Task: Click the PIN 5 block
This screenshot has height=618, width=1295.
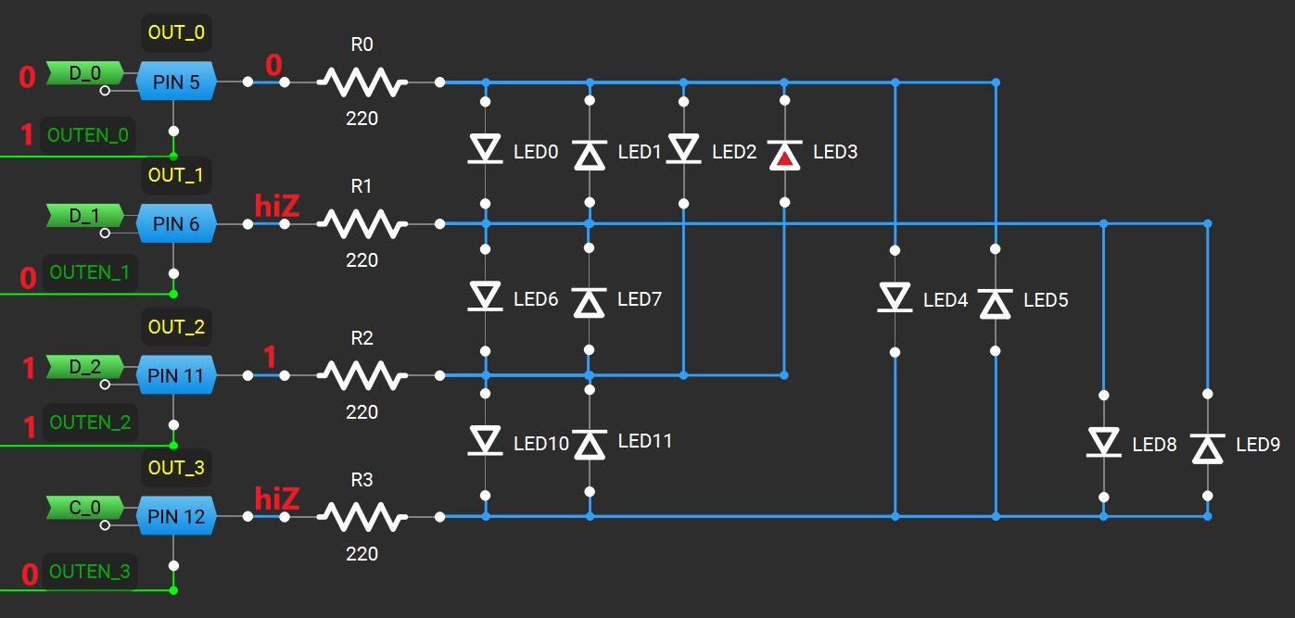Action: [176, 82]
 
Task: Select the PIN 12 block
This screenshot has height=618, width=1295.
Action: [176, 516]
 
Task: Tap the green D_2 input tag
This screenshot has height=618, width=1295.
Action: [85, 367]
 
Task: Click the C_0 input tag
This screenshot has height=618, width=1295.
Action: [85, 508]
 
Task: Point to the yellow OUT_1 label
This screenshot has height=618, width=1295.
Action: [176, 174]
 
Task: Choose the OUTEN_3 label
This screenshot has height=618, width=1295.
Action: [90, 572]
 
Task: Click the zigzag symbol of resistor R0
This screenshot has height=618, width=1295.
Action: [362, 82]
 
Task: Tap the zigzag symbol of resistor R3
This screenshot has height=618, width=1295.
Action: [362, 517]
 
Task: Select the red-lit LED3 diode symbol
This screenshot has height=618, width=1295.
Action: [784, 155]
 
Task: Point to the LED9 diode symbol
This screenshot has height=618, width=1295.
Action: [1208, 448]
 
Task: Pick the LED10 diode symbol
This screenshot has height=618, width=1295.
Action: [485, 440]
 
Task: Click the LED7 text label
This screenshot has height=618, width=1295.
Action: [640, 299]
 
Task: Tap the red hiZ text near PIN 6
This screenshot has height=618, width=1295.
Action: [277, 206]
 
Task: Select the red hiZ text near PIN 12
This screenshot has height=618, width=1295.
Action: [277, 498]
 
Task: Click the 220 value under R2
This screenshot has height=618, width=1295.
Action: [362, 412]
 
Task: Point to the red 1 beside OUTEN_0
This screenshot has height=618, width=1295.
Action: [27, 134]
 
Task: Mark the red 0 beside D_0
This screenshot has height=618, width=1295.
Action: [27, 77]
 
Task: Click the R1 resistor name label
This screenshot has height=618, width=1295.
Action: [362, 186]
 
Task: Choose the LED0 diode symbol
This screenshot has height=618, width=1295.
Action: [485, 148]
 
